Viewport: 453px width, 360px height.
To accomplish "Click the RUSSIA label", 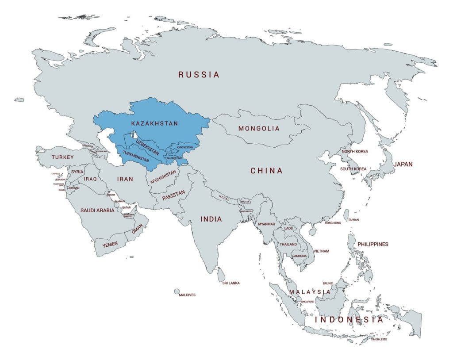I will (199, 75).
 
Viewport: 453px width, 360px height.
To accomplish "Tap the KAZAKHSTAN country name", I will (154, 124).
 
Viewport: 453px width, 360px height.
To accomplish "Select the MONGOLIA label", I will (259, 129).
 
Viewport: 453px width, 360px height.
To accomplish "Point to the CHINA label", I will (266, 171).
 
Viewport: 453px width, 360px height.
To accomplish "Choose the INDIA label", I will (211, 219).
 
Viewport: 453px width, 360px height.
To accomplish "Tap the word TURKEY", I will (62, 157).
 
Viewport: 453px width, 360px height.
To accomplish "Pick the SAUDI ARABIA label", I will (97, 211).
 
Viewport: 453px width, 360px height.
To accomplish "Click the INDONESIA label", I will (349, 320).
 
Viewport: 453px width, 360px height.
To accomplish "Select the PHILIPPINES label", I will (372, 244).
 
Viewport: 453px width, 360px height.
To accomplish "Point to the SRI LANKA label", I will (231, 283).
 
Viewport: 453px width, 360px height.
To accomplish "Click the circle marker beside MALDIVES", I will (177, 291).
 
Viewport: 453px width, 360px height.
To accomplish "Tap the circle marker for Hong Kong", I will (326, 218).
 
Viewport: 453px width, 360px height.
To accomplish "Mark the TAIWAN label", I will (353, 220).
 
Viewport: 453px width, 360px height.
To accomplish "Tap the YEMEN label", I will (110, 245).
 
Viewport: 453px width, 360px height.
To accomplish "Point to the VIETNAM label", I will (321, 251).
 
